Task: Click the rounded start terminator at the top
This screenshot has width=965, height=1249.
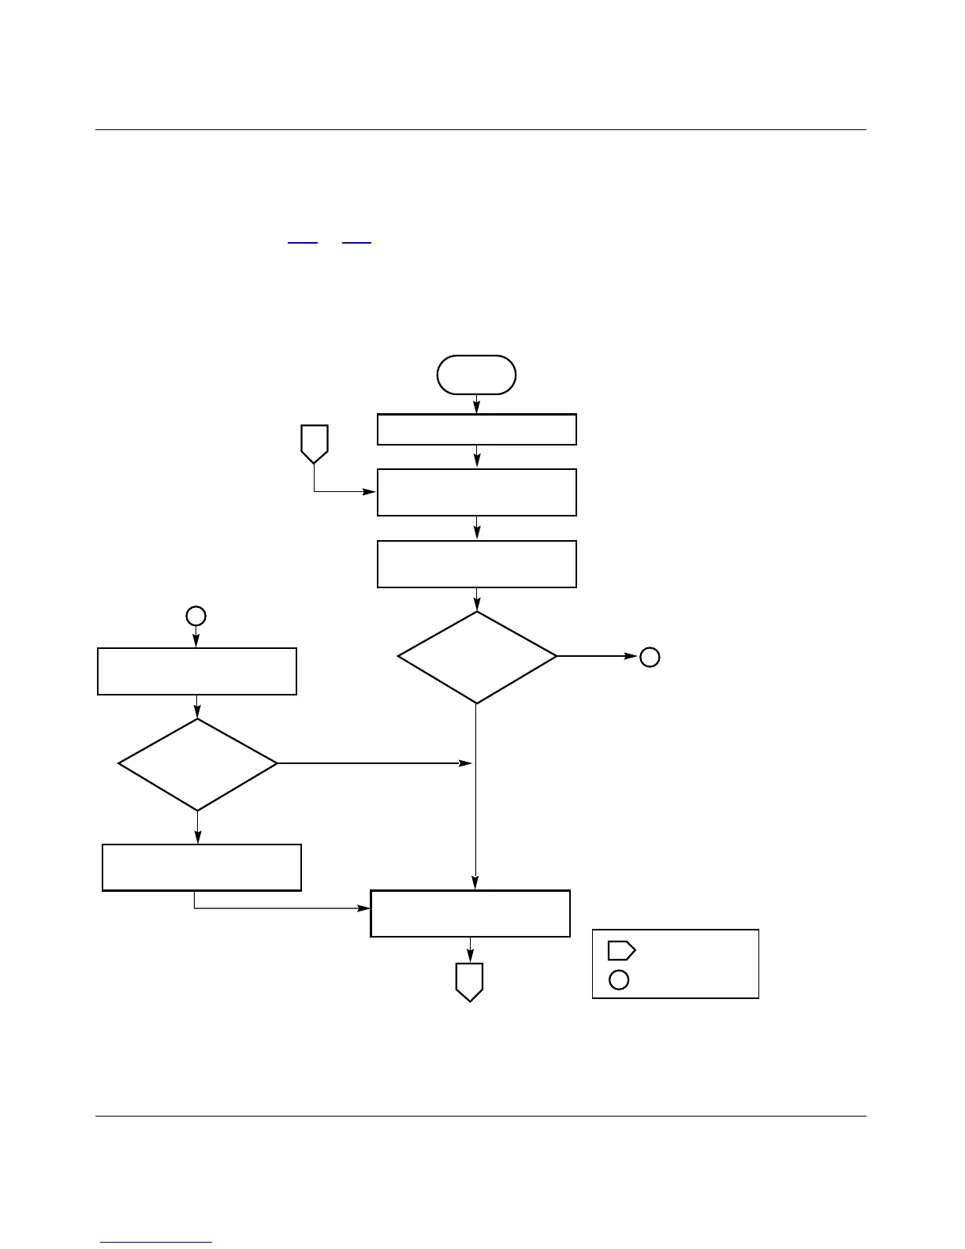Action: tap(476, 375)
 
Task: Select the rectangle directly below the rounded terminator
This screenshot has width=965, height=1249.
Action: tap(476, 430)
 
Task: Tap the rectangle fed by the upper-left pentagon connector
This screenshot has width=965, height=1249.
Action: tap(476, 493)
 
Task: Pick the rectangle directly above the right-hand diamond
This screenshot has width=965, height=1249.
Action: tap(476, 564)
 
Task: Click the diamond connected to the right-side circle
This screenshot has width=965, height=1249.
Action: tap(477, 657)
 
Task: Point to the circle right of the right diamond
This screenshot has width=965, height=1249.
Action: tap(649, 657)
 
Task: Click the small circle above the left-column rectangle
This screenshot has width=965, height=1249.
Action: tap(196, 616)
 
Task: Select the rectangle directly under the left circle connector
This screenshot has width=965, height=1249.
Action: tap(196, 671)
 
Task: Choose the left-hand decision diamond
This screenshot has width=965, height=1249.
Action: tap(197, 764)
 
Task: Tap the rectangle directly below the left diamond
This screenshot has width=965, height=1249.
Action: tap(202, 867)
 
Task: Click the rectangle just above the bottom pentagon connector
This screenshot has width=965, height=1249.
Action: tap(470, 914)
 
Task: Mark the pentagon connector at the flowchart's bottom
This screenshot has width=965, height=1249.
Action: tap(469, 982)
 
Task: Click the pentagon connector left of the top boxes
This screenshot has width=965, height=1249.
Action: tap(315, 444)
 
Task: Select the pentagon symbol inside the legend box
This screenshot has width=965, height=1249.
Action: tap(621, 950)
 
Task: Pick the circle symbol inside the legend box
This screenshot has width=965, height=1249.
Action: tap(619, 980)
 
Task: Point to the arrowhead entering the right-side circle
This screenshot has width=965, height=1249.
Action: tap(632, 656)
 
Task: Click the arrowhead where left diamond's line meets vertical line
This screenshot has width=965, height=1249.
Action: tap(466, 763)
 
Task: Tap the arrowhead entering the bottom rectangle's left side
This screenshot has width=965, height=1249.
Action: tap(364, 908)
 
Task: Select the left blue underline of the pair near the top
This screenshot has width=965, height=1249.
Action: tap(302, 243)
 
